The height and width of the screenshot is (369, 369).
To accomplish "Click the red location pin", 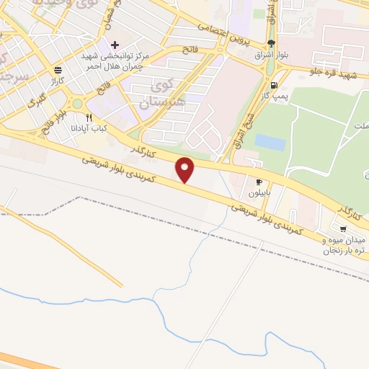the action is click(x=186, y=170).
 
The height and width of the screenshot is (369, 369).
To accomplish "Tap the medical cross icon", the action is click(x=114, y=45).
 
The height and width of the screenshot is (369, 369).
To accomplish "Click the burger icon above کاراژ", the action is click(x=57, y=70).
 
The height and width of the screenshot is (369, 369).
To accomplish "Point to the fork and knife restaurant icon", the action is click(x=89, y=117).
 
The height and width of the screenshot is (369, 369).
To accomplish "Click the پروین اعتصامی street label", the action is click(x=228, y=36).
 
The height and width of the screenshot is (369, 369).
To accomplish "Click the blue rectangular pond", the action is click(x=270, y=142).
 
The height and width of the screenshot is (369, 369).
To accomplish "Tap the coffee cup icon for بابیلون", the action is click(x=258, y=182).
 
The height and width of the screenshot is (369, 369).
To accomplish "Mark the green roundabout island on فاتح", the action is click(x=76, y=103).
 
